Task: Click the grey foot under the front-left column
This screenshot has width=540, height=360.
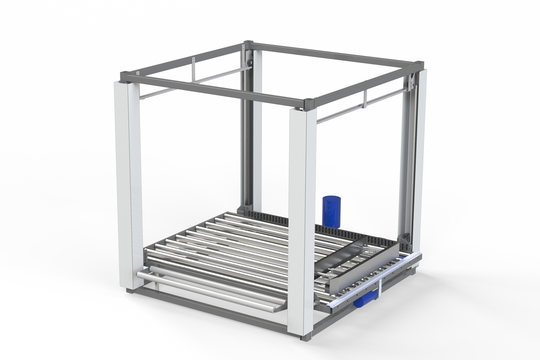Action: [x=131, y=291]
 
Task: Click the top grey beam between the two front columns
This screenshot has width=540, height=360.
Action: [x=216, y=90]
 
